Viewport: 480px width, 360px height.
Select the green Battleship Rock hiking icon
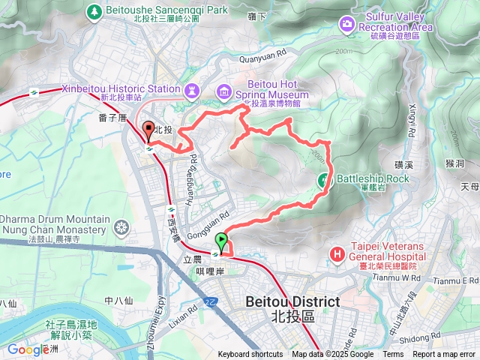pyautogui.click(x=325, y=179)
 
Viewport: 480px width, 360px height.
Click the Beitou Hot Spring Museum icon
pyautogui.click(x=223, y=91)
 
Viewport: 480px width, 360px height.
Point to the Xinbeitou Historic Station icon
pyautogui.click(x=190, y=88)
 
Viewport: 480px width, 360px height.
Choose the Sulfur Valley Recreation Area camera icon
pyautogui.click(x=346, y=24)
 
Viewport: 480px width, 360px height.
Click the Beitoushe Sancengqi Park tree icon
pyautogui.click(x=93, y=11)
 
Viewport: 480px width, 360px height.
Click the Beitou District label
pyautogui.click(x=292, y=301)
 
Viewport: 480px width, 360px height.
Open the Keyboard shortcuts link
pyautogui.click(x=250, y=355)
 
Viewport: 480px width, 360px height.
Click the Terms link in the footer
pyautogui.click(x=393, y=355)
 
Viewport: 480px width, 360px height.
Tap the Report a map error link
pyautogui.click(x=444, y=355)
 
